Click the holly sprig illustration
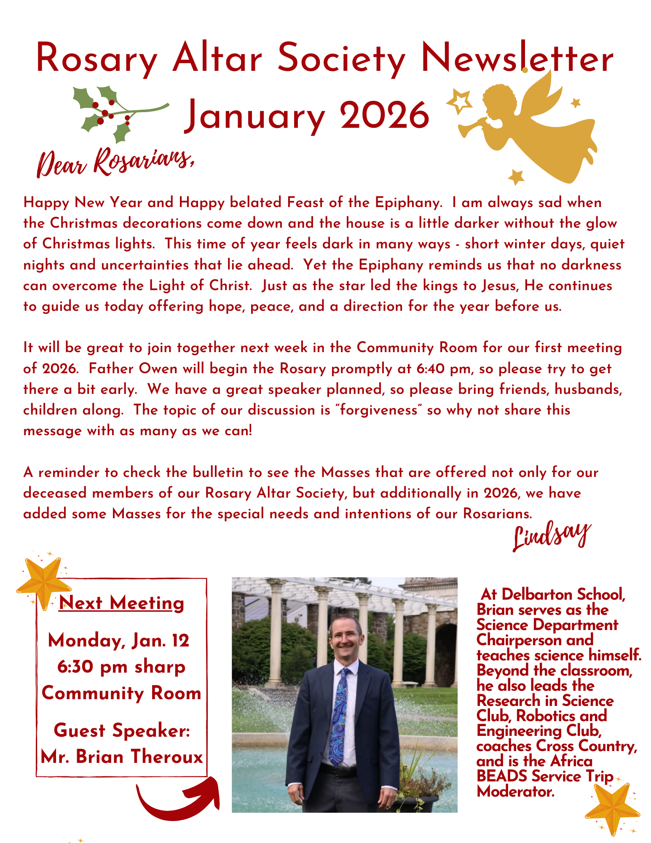[x=114, y=112]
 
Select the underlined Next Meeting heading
[x=121, y=603]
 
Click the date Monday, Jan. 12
[x=119, y=641]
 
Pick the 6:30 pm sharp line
[x=121, y=667]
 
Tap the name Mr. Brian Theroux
[x=122, y=757]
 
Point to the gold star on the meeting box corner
[x=43, y=582]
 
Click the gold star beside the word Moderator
[x=612, y=808]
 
